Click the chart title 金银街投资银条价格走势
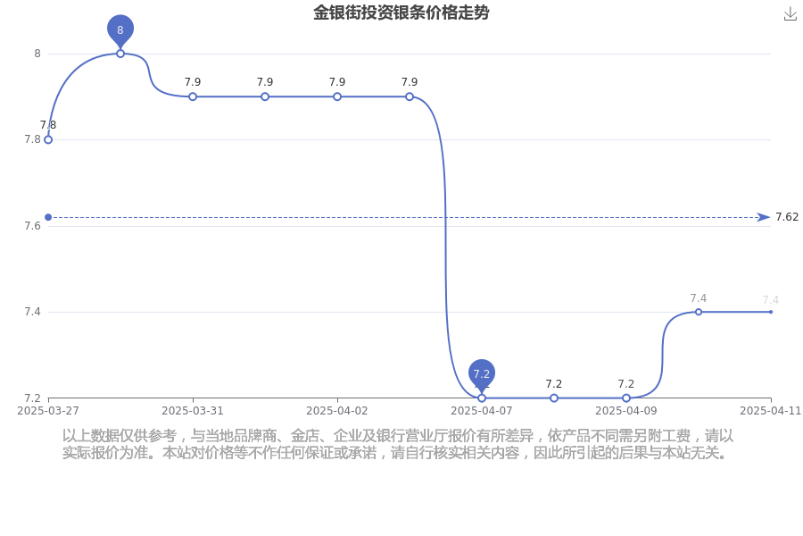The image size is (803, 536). (x=401, y=13)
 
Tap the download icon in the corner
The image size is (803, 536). (x=791, y=14)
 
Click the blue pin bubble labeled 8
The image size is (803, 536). (x=120, y=30)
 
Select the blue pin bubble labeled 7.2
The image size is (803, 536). (x=482, y=375)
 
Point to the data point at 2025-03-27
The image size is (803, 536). (x=48, y=139)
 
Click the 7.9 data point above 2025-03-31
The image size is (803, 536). (x=193, y=96)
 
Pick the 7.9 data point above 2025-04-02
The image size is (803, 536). (x=337, y=96)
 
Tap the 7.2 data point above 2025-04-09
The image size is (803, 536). (x=625, y=398)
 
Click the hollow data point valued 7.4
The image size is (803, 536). (x=698, y=312)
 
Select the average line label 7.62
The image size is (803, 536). (x=787, y=217)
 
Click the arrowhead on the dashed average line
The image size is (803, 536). (x=764, y=217)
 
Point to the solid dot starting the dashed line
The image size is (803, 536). (x=48, y=217)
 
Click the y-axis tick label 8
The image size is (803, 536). (x=37, y=54)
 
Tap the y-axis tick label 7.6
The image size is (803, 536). (x=32, y=226)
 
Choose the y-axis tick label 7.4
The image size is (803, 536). (x=32, y=312)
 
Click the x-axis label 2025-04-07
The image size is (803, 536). (x=482, y=411)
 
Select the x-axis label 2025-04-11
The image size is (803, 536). (x=770, y=411)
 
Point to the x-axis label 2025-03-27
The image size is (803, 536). (x=48, y=411)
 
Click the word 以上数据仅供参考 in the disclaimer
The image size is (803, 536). (x=120, y=436)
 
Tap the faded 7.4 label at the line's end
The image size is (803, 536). (x=770, y=299)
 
